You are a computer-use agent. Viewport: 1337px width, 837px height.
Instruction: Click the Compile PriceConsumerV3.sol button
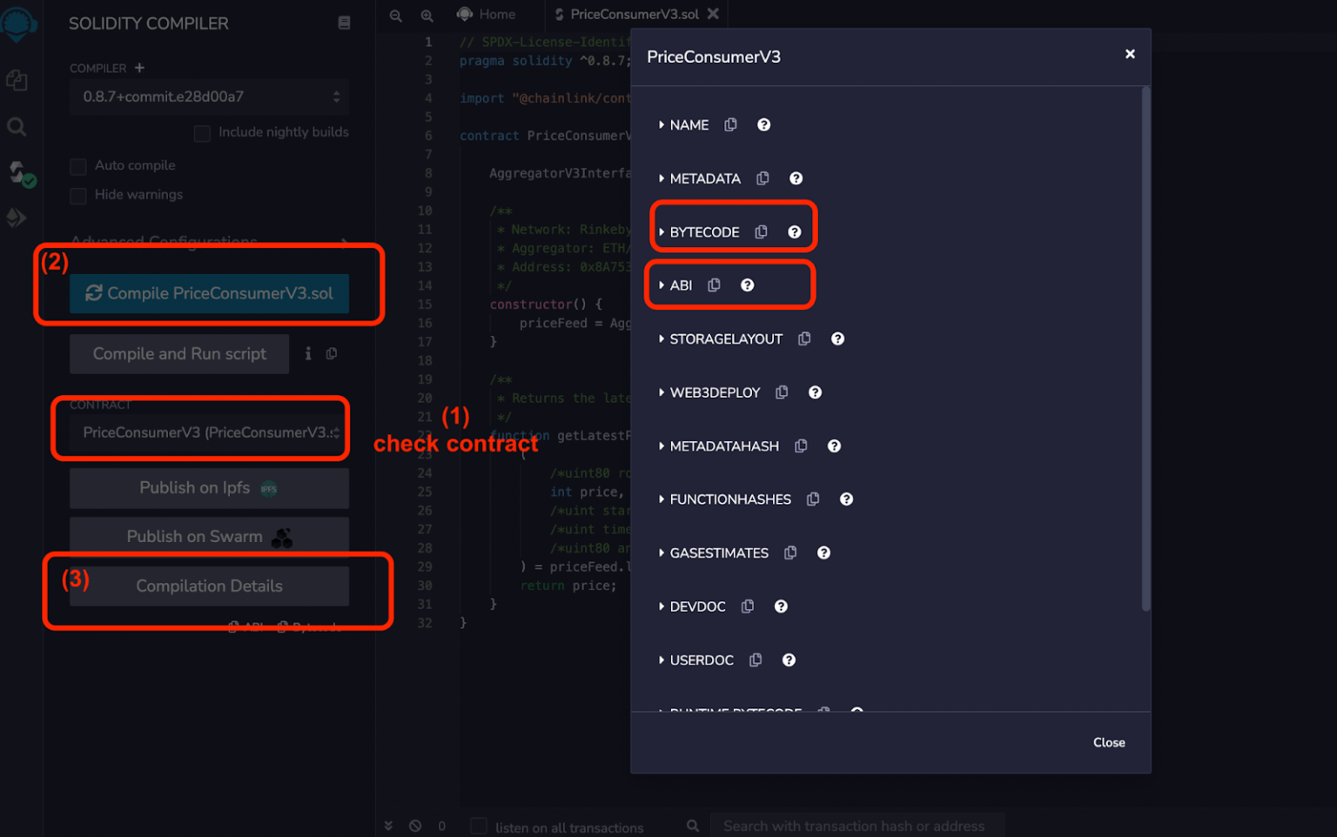[x=209, y=294]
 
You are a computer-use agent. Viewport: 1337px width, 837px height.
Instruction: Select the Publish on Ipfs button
[x=209, y=488]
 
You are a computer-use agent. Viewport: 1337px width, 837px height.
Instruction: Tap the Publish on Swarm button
[x=209, y=537]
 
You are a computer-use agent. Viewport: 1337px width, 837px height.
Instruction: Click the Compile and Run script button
[x=179, y=354]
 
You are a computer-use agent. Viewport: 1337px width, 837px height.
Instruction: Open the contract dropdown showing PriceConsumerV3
[x=209, y=432]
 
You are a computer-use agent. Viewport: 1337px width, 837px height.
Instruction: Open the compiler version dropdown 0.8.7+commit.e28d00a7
[x=209, y=97]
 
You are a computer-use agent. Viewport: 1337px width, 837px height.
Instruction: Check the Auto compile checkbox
[x=78, y=166]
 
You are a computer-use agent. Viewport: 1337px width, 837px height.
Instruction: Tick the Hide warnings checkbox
[x=78, y=196]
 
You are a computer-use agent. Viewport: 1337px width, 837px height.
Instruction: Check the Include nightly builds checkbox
[x=202, y=133]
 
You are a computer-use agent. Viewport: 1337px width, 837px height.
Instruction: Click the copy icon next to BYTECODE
[x=761, y=232]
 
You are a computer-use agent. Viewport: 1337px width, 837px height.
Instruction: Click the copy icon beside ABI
[x=714, y=285]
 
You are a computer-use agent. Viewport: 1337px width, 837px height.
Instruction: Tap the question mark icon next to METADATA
[x=796, y=178]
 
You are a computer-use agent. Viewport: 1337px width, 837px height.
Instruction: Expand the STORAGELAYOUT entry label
[x=726, y=339]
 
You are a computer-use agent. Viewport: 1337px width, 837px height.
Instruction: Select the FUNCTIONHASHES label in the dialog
[x=730, y=499]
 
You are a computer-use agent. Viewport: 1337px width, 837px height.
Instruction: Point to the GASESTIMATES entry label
[x=719, y=553]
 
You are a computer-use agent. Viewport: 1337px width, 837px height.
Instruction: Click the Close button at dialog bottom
[x=1109, y=742]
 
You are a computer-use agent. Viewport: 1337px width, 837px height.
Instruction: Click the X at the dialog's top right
[x=1130, y=54]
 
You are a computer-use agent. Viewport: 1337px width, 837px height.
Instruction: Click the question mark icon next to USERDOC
[x=789, y=660]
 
